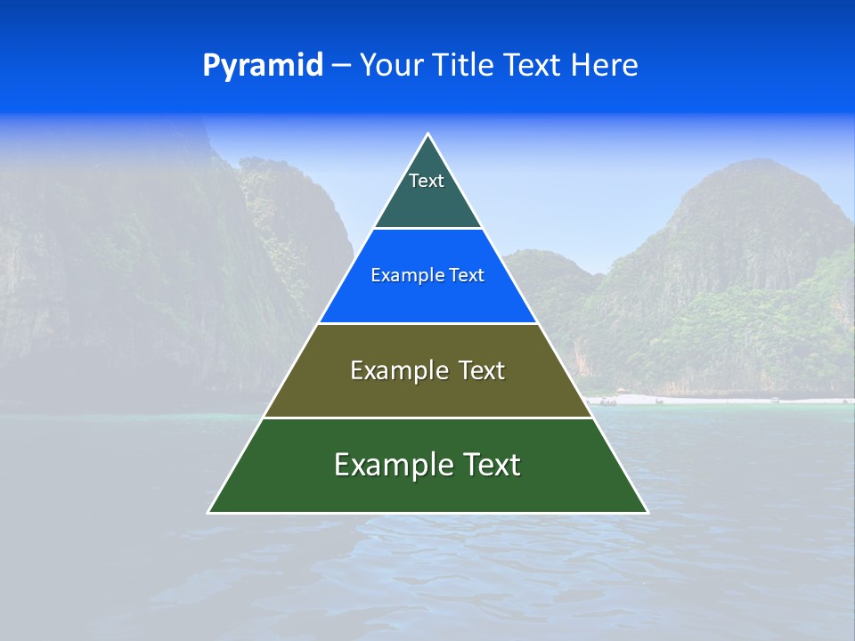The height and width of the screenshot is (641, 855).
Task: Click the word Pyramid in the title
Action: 263,66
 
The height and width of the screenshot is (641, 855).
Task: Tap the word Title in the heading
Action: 467,66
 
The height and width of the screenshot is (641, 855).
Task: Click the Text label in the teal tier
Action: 427,181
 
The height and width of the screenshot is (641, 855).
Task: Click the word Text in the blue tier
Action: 467,276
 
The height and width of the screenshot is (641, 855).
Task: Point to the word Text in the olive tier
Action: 482,370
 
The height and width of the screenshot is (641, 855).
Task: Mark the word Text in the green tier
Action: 491,465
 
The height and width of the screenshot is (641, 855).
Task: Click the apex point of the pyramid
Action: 428,134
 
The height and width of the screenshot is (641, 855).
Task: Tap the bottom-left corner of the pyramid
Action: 209,512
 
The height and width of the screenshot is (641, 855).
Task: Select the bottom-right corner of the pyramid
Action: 647,512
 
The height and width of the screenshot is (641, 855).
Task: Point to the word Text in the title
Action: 533,66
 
